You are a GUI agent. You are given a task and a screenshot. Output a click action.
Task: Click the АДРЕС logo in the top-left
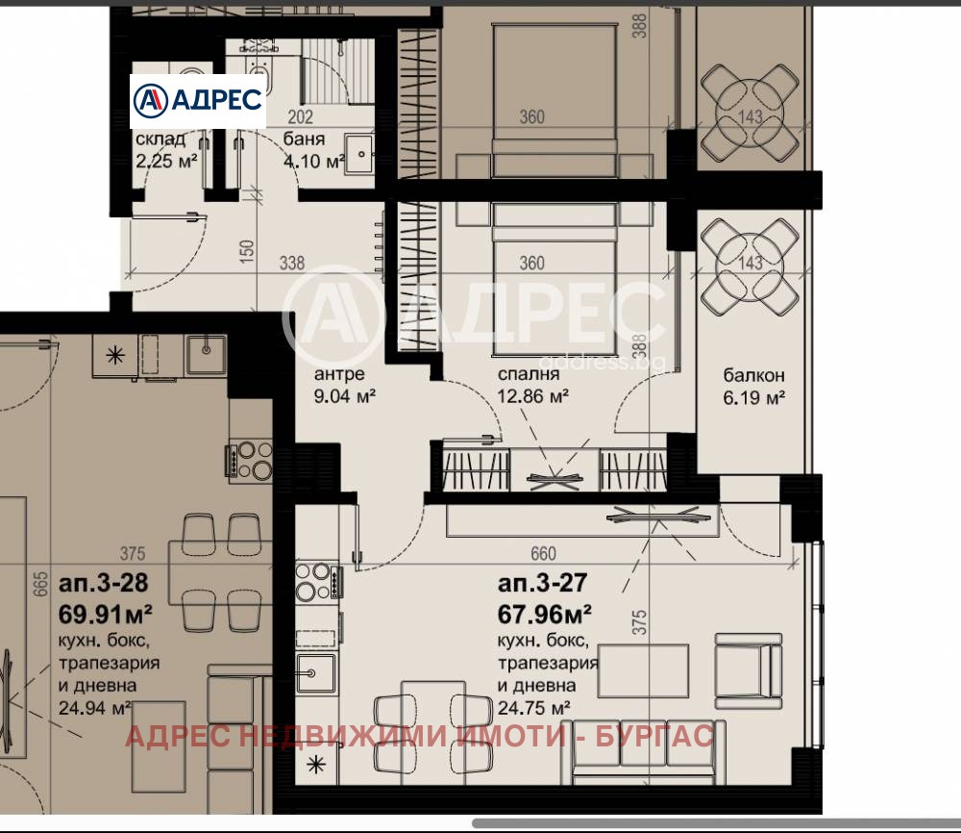coord(197,99)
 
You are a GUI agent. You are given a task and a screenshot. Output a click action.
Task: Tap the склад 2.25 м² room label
coord(167,150)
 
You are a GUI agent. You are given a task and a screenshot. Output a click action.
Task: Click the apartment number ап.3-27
coord(542,582)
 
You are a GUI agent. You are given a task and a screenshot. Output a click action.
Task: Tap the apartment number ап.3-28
coord(104,583)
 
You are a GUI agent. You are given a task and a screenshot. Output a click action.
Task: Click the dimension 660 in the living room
coord(544,553)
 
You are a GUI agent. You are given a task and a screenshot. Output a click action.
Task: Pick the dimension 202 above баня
coord(301,118)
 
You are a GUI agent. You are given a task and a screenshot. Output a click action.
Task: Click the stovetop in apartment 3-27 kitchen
coord(314,580)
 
